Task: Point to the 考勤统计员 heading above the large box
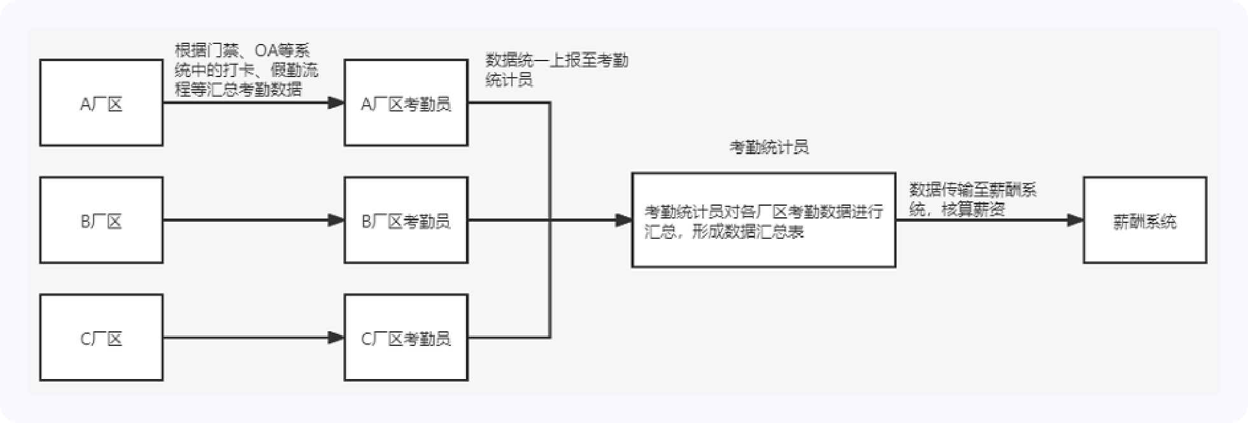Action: [x=769, y=147]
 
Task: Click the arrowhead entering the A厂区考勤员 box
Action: [x=336, y=103]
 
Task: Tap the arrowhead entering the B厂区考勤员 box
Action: [x=336, y=220]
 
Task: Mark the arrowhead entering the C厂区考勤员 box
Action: [x=336, y=338]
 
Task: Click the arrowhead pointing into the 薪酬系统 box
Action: [x=1075, y=220]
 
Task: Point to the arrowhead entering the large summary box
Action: [x=623, y=220]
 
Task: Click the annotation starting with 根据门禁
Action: [x=246, y=70]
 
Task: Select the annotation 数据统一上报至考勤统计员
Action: [x=557, y=70]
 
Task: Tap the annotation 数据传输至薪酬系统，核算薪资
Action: [x=973, y=199]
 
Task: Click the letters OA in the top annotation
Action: [x=267, y=50]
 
